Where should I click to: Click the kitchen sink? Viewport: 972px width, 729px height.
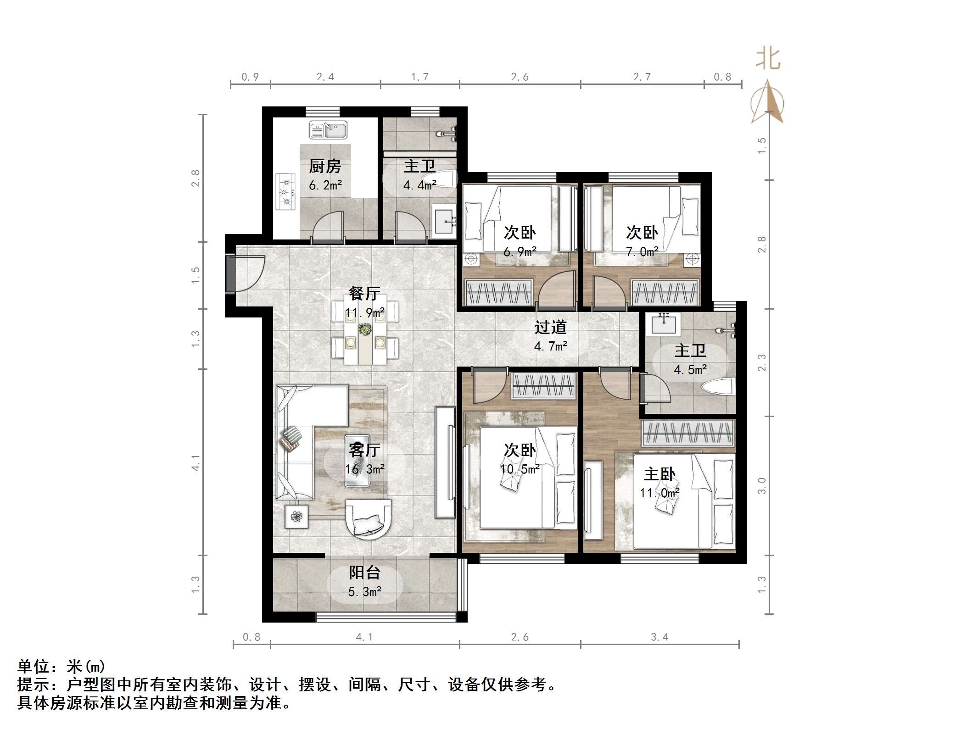[328, 130]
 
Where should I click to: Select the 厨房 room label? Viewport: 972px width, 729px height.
[325, 166]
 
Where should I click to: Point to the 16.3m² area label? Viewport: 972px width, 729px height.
[365, 469]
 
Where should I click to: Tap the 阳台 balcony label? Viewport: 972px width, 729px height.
[365, 573]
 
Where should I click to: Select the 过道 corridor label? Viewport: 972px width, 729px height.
[550, 327]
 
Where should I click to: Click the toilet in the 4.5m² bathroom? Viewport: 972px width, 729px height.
[718, 387]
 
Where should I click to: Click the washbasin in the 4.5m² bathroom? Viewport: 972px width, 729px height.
[664, 324]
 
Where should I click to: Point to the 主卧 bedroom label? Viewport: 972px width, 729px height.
[659, 474]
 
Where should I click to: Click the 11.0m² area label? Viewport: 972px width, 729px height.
[659, 493]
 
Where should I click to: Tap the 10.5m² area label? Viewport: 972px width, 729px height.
[520, 469]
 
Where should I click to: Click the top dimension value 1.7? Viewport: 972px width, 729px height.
[419, 77]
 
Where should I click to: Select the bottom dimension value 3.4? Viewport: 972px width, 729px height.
[659, 637]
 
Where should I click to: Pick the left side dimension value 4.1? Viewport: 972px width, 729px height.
[196, 462]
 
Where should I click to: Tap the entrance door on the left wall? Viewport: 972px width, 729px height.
[231, 273]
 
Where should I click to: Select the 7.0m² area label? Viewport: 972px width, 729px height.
[642, 251]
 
